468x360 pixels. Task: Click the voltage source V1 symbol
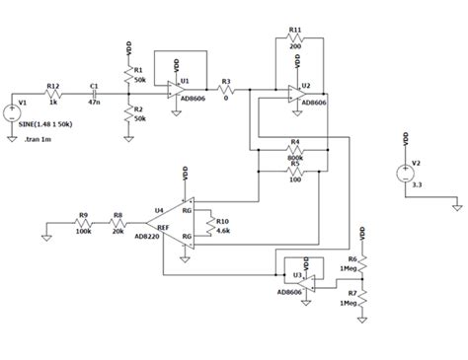click(12, 106)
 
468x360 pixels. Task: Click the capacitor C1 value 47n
click(94, 102)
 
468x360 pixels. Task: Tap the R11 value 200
click(295, 46)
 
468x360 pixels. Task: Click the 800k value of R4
click(295, 156)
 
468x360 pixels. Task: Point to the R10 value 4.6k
click(224, 232)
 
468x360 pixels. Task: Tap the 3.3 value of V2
click(417, 183)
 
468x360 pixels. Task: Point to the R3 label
click(226, 81)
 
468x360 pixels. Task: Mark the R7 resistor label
click(351, 293)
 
